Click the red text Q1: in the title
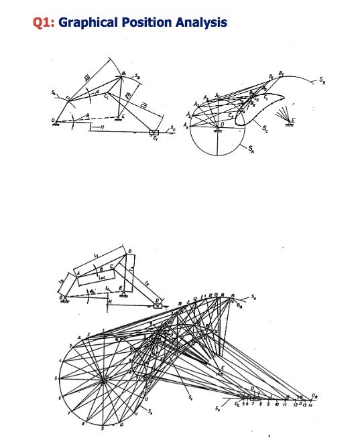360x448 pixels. pyautogui.click(x=44, y=23)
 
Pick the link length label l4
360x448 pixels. pyautogui.click(x=131, y=267)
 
